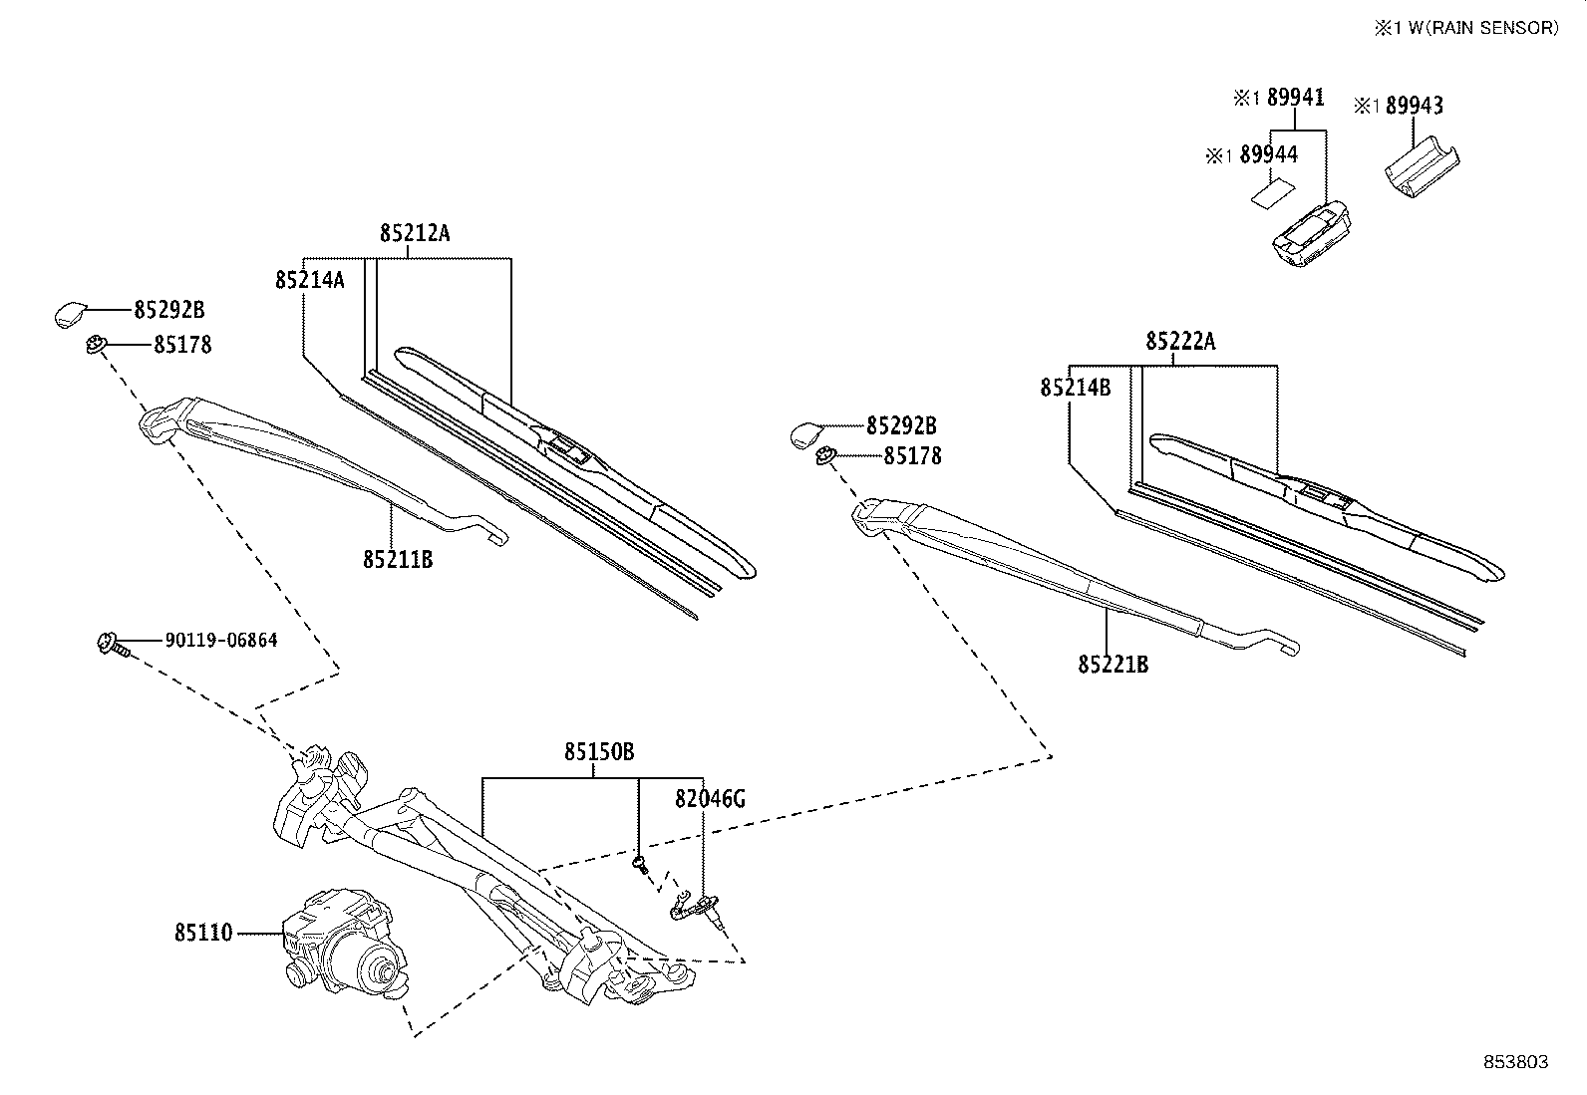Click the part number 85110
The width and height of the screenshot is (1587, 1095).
pyautogui.click(x=203, y=934)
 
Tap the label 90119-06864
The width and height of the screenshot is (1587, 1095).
pyautogui.click(x=221, y=640)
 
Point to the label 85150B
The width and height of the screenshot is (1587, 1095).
pyautogui.click(x=599, y=752)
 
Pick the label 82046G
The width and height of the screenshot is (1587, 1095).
pyautogui.click(x=710, y=798)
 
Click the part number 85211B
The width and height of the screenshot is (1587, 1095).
pyautogui.click(x=398, y=560)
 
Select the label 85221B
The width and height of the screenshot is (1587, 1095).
pyautogui.click(x=1112, y=664)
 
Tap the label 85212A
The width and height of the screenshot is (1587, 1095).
pyautogui.click(x=415, y=233)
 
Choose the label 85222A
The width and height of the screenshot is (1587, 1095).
pyautogui.click(x=1180, y=342)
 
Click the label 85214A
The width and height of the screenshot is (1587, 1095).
pyautogui.click(x=310, y=280)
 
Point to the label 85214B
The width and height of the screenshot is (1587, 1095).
pyautogui.click(x=1075, y=388)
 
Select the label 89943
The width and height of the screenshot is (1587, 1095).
pyautogui.click(x=1414, y=106)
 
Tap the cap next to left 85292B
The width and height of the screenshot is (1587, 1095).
pyautogui.click(x=71, y=314)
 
